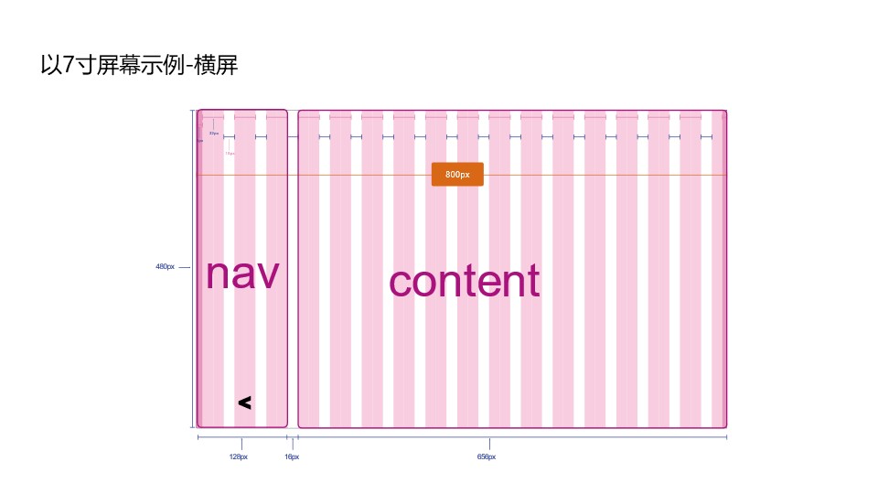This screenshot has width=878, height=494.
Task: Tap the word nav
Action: pos(241,274)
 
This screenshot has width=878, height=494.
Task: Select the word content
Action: pos(465,282)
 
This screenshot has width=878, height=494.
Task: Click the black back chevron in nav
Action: pos(244,403)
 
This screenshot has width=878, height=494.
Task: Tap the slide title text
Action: pos(139,66)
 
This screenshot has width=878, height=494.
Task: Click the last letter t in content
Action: pos(532,281)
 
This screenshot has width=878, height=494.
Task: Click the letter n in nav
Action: pos(218,276)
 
